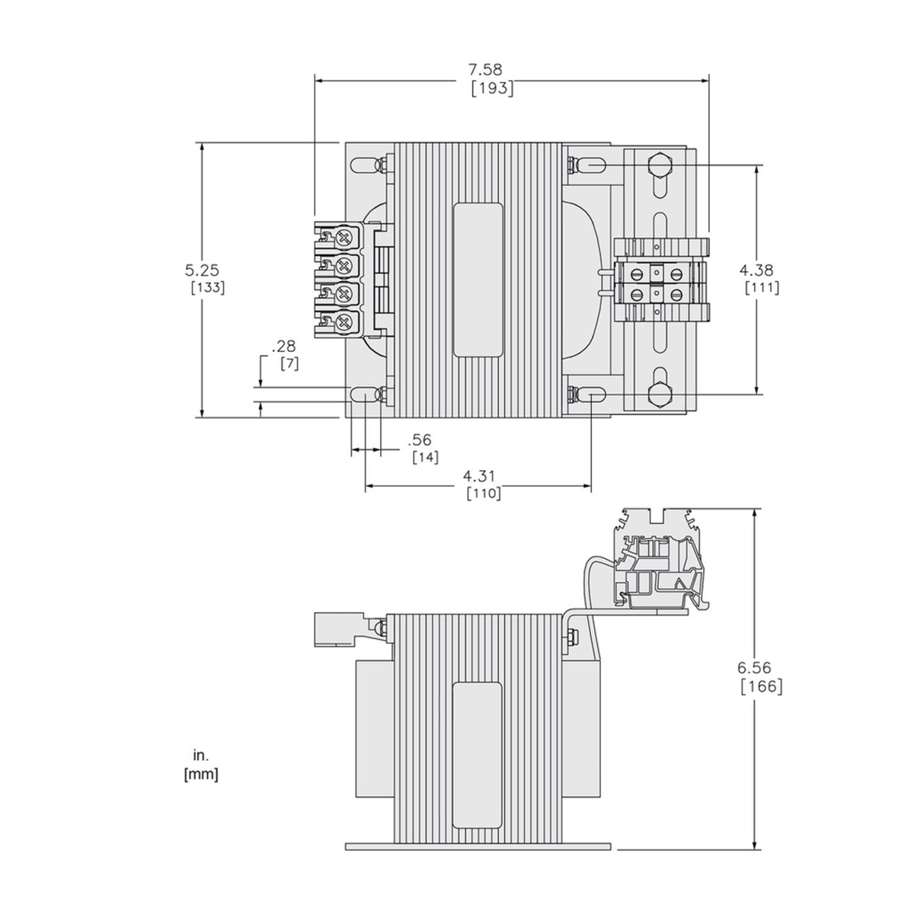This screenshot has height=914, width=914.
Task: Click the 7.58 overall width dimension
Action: pyautogui.click(x=485, y=70)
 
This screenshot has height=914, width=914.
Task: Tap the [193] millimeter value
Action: pyautogui.click(x=492, y=88)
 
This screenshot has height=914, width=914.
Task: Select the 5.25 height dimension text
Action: pyautogui.click(x=202, y=270)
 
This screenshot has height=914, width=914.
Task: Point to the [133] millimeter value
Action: pyautogui.click(x=208, y=288)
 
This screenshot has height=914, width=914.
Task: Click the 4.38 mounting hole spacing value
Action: pyautogui.click(x=756, y=270)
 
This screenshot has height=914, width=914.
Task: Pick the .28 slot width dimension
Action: pyautogui.click(x=283, y=346)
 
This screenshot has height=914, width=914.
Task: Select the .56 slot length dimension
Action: pyautogui.click(x=420, y=439)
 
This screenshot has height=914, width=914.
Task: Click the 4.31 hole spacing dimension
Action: pyautogui.click(x=479, y=476)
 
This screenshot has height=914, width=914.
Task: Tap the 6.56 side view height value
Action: pyautogui.click(x=755, y=667)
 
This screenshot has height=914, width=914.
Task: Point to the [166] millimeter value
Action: pyautogui.click(x=761, y=685)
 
